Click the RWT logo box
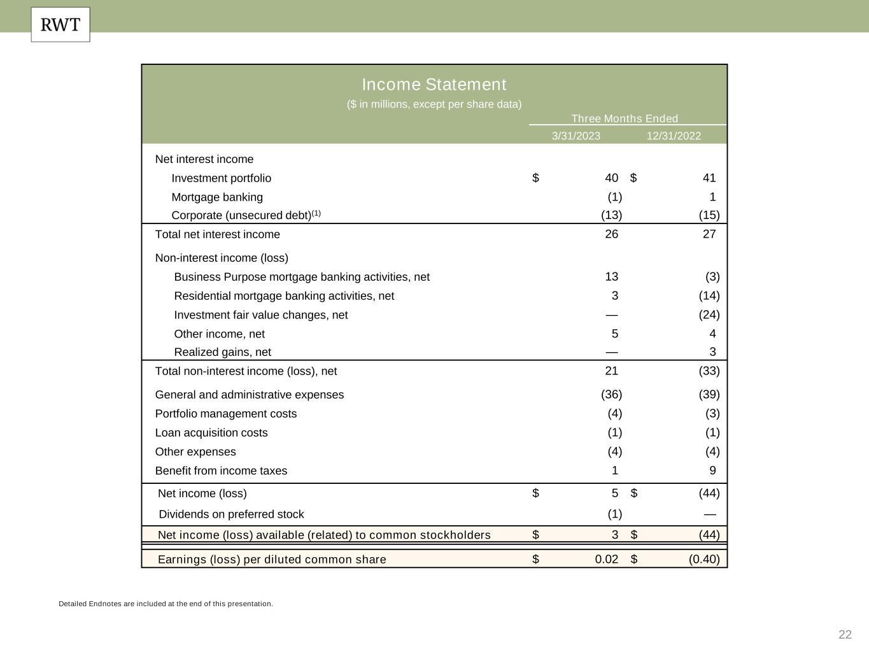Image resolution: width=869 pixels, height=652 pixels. [60, 25]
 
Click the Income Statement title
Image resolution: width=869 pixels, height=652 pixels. [434, 85]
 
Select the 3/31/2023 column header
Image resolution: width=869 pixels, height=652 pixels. [576, 136]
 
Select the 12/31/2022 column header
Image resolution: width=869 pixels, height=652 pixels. [674, 136]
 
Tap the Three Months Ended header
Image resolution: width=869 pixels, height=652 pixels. [625, 118]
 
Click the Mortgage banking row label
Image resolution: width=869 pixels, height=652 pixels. [217, 197]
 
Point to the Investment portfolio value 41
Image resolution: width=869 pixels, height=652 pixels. [709, 178]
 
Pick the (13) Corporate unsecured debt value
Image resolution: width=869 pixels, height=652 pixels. [611, 215]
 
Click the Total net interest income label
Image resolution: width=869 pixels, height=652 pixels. [218, 234]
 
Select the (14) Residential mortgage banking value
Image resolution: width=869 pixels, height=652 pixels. [709, 295]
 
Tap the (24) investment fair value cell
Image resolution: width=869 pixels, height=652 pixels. [709, 315]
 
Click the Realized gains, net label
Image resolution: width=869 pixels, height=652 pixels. [222, 352]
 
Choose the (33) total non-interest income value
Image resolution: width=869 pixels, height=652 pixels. [709, 371]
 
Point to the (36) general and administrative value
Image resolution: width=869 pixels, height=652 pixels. [611, 395]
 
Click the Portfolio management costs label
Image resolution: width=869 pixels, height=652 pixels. [226, 414]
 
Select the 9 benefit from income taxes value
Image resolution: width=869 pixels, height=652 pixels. [712, 471]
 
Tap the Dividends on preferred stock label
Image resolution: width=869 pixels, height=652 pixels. [231, 514]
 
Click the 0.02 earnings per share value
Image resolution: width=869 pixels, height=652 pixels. [606, 559]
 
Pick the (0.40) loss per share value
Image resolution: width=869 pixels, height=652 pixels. [704, 559]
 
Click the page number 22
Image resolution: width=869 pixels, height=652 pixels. [845, 634]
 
